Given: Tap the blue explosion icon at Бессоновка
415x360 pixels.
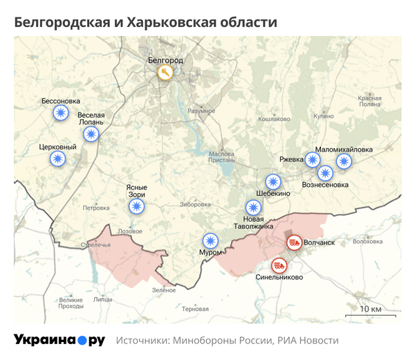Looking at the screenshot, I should [x=62, y=113].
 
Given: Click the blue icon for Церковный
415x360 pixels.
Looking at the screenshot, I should [x=58, y=159].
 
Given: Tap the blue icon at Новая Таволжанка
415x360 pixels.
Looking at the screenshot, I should [x=254, y=207].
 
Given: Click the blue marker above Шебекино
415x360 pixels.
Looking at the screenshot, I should [x=274, y=182].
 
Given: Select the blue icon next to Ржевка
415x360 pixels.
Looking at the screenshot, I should [x=313, y=160].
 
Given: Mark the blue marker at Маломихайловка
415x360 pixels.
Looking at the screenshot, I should [x=344, y=161].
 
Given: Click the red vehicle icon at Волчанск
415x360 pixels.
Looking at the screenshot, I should [x=294, y=242].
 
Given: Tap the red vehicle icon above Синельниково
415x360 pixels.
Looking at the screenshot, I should [x=279, y=264].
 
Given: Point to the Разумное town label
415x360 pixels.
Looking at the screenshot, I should [x=201, y=111].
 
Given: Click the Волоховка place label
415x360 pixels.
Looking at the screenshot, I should [x=367, y=242].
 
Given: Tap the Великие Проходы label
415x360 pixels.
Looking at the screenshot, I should [x=71, y=303].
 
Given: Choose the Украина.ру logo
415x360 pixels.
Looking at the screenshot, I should [x=59, y=340].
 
